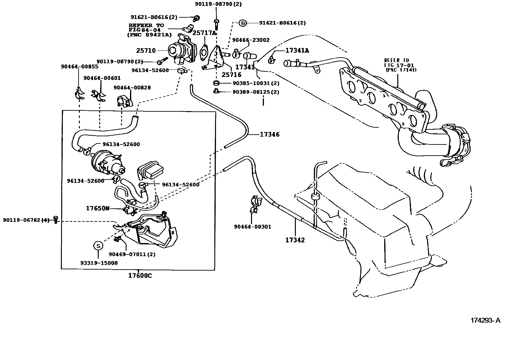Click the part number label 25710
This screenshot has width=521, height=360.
146,51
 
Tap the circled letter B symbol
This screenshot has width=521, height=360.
242,23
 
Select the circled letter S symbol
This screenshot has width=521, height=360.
98,245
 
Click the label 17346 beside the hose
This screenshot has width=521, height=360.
270,134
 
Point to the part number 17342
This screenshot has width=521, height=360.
295,240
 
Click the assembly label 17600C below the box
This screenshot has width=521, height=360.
140,276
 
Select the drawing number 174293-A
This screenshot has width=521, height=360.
485,320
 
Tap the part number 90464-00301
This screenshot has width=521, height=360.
252,227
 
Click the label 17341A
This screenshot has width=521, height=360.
297,50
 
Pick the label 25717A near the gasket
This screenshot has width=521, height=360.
204,33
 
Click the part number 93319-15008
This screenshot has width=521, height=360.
99,263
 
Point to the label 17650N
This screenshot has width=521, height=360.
98,208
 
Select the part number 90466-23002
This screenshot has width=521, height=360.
251,40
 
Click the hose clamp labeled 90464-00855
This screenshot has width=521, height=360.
79,94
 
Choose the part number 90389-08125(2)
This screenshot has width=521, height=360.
256,92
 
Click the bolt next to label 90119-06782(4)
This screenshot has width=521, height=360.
56,220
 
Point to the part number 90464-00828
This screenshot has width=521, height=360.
132,87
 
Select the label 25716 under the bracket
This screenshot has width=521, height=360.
231,75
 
